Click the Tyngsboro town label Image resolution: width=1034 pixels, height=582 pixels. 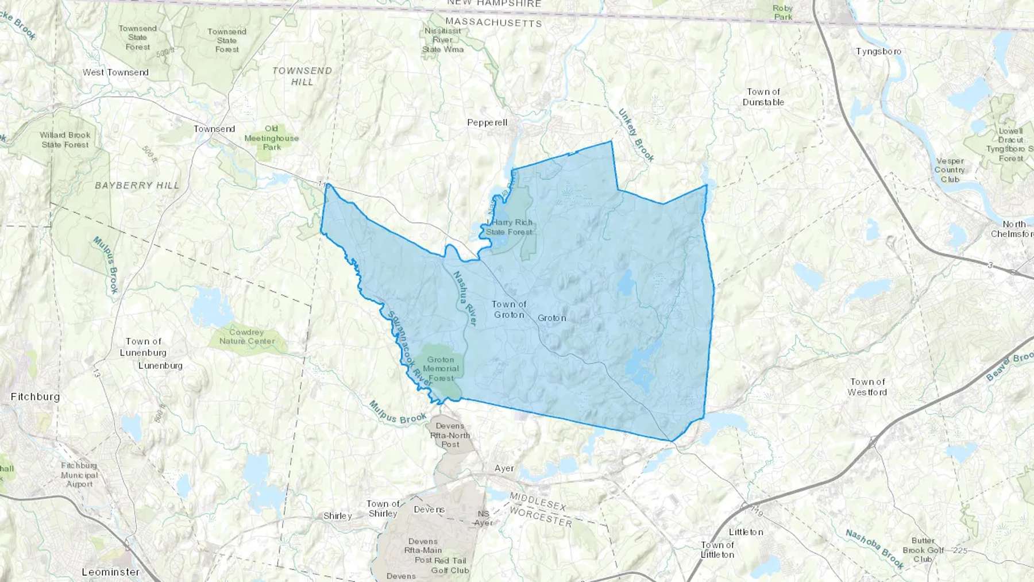pos(878,52)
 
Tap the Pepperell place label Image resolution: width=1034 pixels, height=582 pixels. pos(487,122)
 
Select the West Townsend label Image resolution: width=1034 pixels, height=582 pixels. pos(115,72)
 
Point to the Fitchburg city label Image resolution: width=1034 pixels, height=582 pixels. pos(35,396)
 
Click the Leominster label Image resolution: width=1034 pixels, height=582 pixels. pos(110,572)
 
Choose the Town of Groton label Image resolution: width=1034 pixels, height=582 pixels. pos(509,310)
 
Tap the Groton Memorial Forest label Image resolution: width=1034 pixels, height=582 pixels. pos(441,369)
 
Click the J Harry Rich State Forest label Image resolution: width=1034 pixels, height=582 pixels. pos(510,227)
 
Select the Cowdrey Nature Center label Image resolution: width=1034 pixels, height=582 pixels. pos(247,337)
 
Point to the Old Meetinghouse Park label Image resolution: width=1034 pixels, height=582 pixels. pos(272,138)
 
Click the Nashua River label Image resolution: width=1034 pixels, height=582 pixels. pos(465,298)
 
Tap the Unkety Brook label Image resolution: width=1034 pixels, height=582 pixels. pos(636,135)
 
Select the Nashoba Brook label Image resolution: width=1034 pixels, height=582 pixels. pos(874,549)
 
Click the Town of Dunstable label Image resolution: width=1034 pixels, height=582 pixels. pos(763,97)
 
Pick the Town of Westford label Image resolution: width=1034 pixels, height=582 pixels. pos(867,387)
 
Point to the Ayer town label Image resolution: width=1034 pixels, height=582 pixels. pos(504,468)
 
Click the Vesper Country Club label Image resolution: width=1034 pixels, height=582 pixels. pos(950,170)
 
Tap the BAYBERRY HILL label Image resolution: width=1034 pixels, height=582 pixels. pos(137,186)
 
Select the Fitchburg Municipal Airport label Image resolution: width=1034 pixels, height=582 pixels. pos(79,475)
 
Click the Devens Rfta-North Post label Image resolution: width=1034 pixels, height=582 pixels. pos(450,435)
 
